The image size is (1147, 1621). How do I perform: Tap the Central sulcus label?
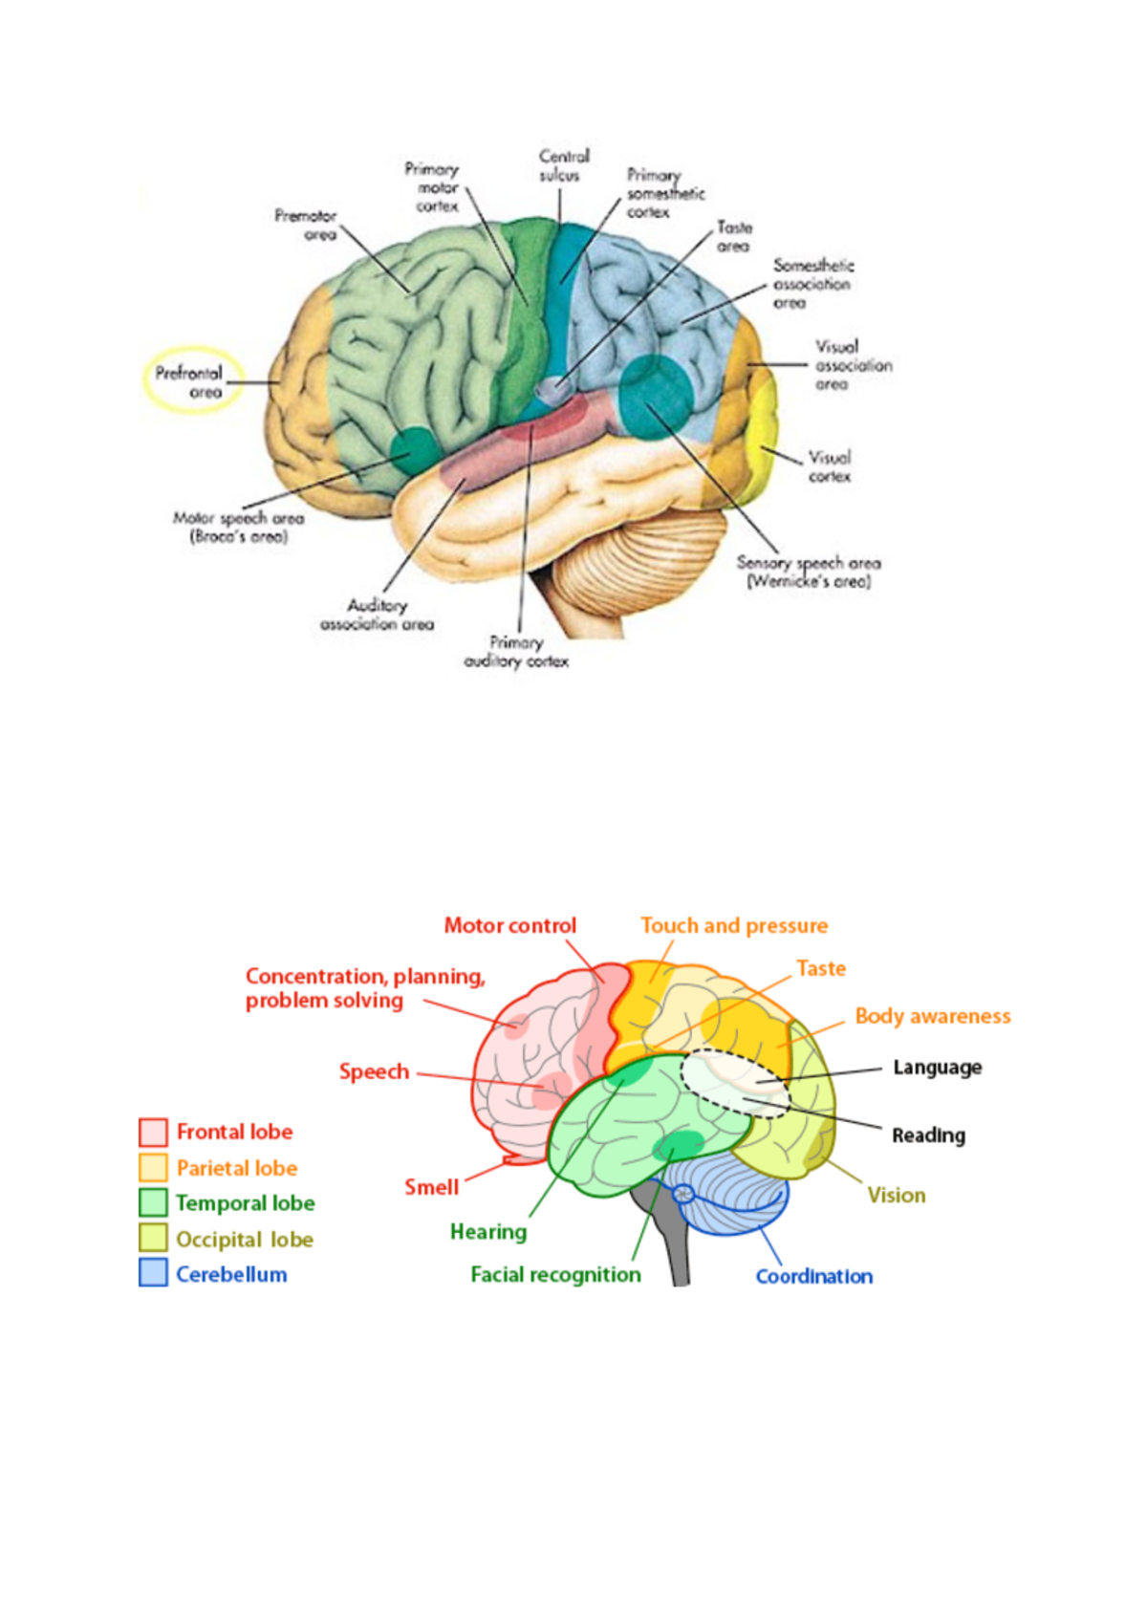tap(563, 165)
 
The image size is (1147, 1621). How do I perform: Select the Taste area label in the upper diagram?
tap(734, 236)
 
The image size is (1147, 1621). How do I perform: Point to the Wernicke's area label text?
tap(808, 572)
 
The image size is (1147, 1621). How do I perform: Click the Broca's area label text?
tap(238, 527)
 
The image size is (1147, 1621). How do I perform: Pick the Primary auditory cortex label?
tap(516, 652)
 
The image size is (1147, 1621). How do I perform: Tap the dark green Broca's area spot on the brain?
tap(415, 449)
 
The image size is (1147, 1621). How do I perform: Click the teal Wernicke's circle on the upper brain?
tap(655, 397)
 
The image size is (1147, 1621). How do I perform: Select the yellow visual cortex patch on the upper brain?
tap(762, 430)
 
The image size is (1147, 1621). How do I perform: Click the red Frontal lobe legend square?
tap(153, 1132)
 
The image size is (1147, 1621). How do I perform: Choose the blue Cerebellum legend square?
tap(153, 1273)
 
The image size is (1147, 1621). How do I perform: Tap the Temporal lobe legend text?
tap(245, 1203)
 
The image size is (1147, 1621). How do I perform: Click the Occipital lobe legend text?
tap(245, 1240)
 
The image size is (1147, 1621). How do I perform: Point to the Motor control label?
tap(509, 925)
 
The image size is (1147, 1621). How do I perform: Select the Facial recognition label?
tap(555, 1274)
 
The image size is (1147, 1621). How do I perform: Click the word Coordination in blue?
tap(813, 1276)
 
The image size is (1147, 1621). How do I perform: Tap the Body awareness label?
tap(932, 1016)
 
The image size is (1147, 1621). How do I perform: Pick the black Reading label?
tap(928, 1135)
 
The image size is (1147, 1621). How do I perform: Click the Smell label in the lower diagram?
tap(431, 1187)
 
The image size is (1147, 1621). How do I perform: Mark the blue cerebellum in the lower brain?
tap(736, 1195)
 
